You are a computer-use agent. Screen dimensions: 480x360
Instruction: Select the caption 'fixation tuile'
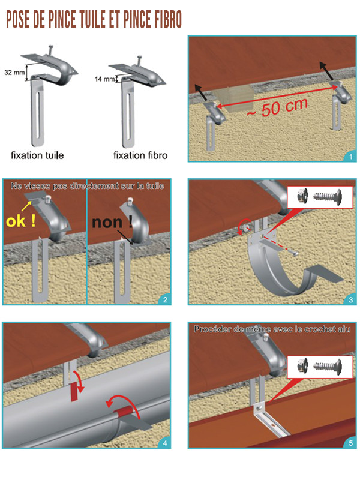37,155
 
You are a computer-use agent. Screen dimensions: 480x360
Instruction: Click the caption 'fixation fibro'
140,155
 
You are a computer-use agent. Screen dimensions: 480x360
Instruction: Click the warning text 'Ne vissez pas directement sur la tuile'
87,187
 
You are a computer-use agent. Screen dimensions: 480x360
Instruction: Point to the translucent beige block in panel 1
235,95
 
